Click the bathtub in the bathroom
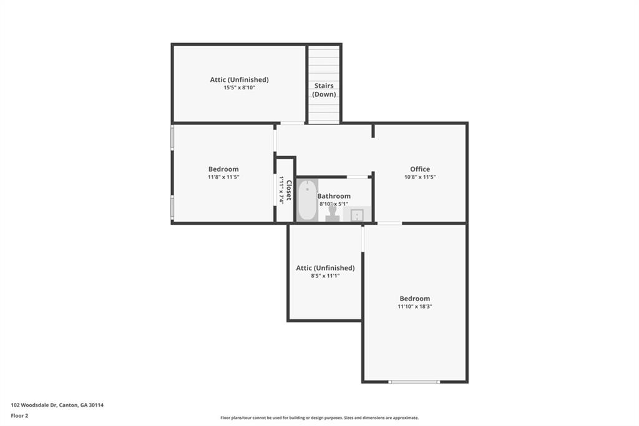(307, 200)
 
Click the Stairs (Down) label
(324, 90)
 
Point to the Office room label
(420, 169)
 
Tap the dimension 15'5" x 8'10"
(239, 88)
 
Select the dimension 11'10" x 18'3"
(415, 307)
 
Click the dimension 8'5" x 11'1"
(325, 276)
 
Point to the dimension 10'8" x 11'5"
(420, 177)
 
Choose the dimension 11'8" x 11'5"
(223, 177)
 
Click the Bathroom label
(334, 196)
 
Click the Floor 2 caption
(19, 415)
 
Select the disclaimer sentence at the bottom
(319, 418)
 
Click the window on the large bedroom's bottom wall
(414, 382)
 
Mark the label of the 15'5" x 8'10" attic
(239, 80)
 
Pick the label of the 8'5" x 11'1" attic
(325, 268)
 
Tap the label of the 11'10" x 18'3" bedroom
(415, 299)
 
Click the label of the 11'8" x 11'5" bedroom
(223, 169)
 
